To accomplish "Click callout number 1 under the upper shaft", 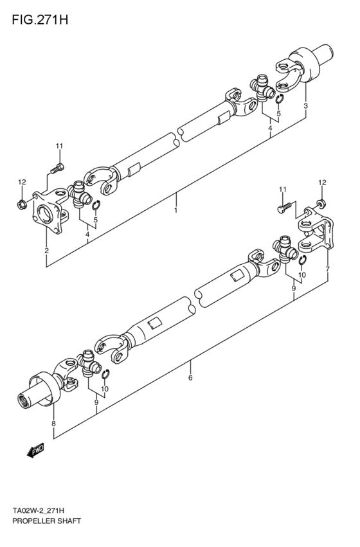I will [x=175, y=210].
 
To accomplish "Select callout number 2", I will [x=47, y=250].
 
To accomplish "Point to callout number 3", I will [x=305, y=105].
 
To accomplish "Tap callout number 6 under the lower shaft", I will [x=190, y=378].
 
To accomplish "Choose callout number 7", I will [x=327, y=268].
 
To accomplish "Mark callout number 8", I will [x=53, y=424].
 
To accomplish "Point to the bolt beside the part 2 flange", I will [x=56, y=168].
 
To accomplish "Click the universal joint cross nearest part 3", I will [x=262, y=87].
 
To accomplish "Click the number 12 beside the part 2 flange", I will [x=22, y=183].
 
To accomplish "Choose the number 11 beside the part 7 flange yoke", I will [x=282, y=188].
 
